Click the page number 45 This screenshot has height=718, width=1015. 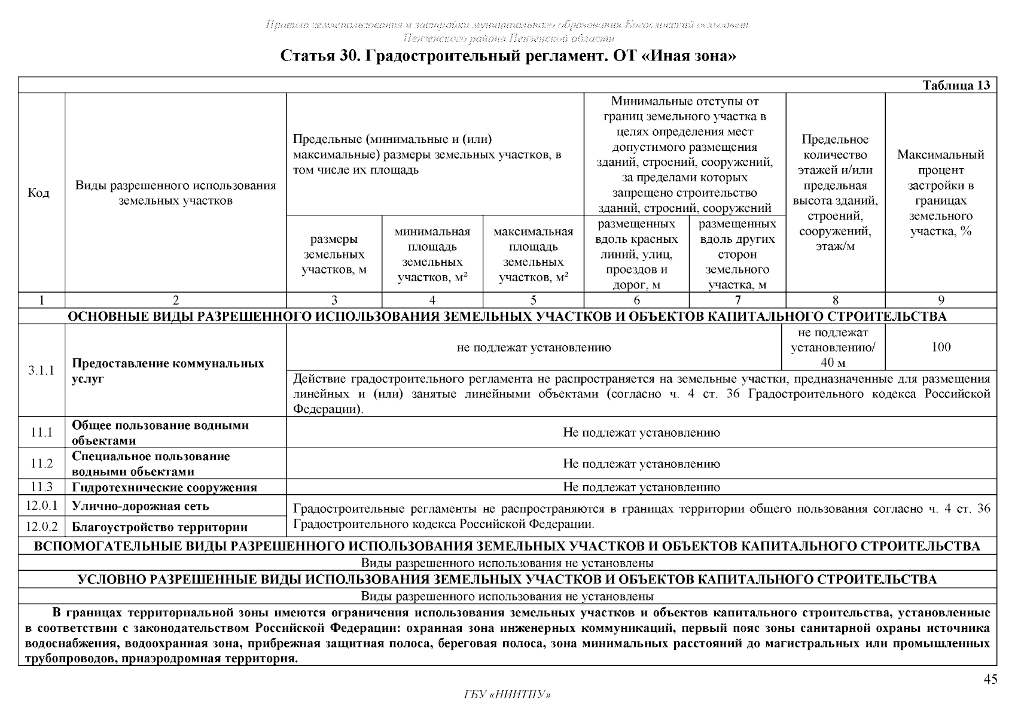[x=990, y=679]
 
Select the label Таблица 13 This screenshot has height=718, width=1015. [x=956, y=85]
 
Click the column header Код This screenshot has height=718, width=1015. [x=39, y=193]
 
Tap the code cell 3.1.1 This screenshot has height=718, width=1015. [x=41, y=370]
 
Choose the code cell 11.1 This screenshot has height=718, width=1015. [x=41, y=432]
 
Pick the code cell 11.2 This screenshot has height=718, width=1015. [x=41, y=464]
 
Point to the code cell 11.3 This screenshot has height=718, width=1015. [x=41, y=487]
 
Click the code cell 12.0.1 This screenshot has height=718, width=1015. [x=41, y=506]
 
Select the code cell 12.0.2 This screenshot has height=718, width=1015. [x=41, y=527]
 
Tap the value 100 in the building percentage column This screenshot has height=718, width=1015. [x=941, y=347]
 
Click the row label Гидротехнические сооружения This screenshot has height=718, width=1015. [x=164, y=488]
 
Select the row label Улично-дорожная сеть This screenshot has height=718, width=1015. [x=141, y=506]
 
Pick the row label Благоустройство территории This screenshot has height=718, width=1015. [x=160, y=527]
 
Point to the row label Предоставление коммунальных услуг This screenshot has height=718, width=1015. [x=168, y=371]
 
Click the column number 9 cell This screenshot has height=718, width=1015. [x=941, y=300]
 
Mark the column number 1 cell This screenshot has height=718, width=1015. [x=41, y=300]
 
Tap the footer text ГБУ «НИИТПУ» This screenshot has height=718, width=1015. [x=507, y=695]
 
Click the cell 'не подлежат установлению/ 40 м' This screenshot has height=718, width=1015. [x=833, y=347]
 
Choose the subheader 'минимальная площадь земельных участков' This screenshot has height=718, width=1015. [x=432, y=254]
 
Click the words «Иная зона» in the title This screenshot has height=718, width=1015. [x=692, y=57]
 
